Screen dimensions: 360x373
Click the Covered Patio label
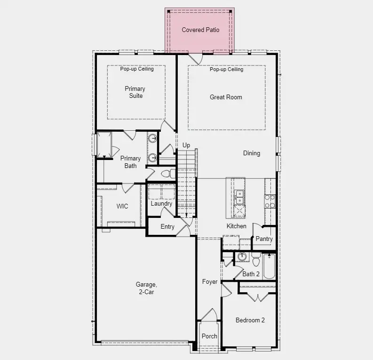point(200,30)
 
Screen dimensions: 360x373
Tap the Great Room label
point(226,97)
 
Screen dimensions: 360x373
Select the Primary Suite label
point(135,92)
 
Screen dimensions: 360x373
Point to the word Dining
point(251,153)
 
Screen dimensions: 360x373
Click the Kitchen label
point(236,226)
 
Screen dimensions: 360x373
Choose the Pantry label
point(264,239)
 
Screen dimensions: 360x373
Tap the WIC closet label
point(122,206)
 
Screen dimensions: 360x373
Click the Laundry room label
point(161,204)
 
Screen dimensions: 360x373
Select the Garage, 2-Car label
point(145,288)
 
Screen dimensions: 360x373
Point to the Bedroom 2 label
point(250,320)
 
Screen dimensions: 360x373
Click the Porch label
point(209,336)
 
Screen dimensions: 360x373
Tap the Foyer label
point(210,282)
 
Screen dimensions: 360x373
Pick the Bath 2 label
point(251,274)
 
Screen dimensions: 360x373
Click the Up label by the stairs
point(186,145)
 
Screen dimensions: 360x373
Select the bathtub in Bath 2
point(270,267)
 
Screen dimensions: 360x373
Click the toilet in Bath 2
point(256,258)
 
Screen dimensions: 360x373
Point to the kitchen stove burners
point(270,201)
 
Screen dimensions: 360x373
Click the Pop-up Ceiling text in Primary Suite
point(136,69)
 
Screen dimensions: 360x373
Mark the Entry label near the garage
point(167,227)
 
